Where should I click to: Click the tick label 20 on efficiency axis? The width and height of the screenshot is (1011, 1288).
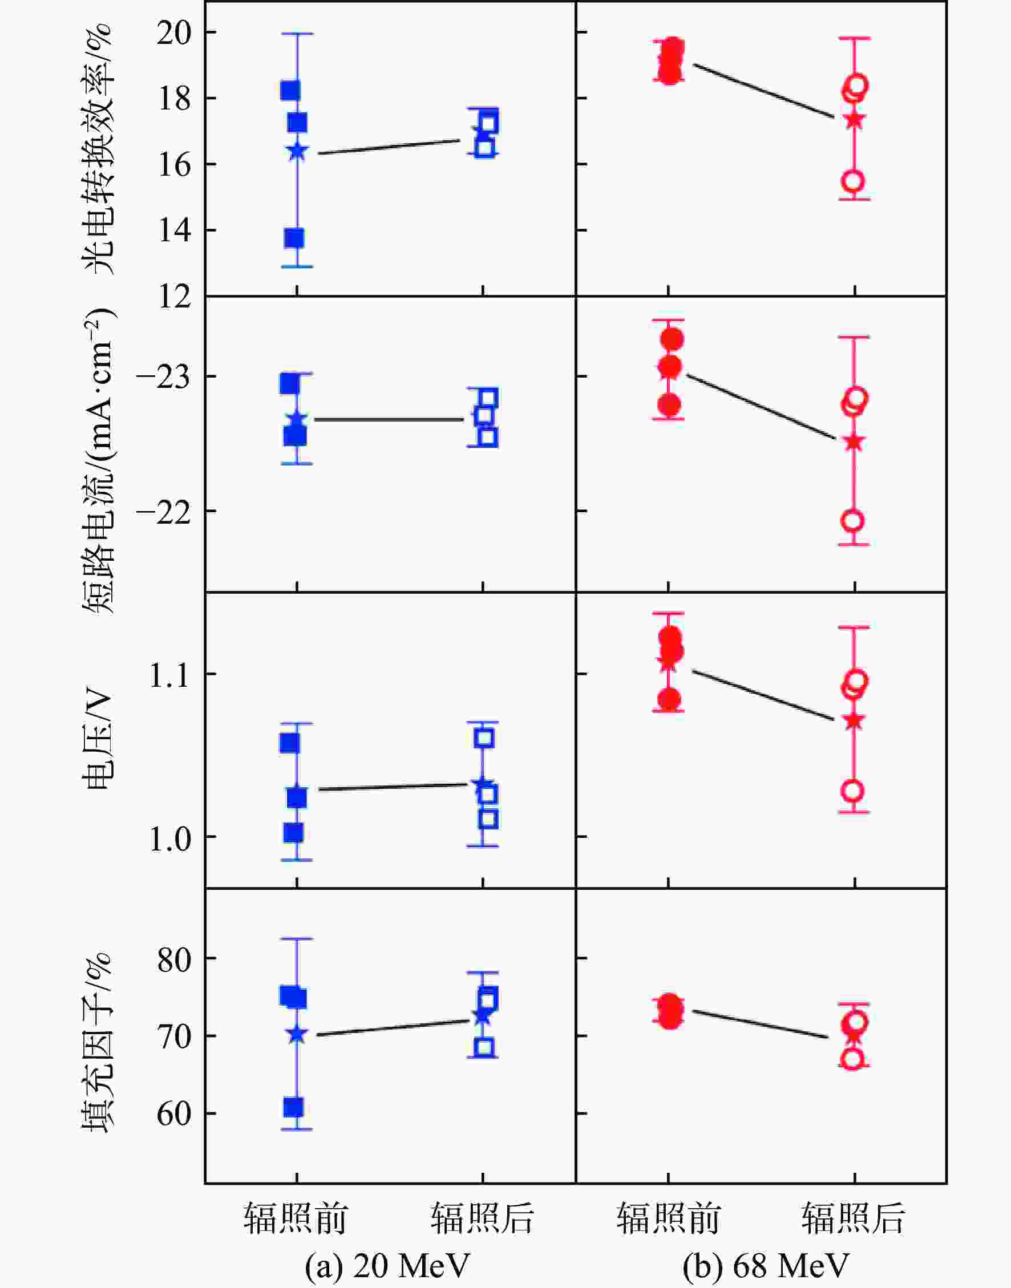pos(174,33)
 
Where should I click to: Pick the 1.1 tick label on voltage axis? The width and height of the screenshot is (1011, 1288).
pos(169,675)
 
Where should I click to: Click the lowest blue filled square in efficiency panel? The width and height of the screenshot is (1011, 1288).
pos(294,238)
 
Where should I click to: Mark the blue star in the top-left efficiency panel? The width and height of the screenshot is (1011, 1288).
pos(297,151)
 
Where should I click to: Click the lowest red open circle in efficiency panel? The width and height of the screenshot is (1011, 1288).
pos(853,181)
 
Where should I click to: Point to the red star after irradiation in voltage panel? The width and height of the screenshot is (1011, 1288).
pos(853,720)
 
